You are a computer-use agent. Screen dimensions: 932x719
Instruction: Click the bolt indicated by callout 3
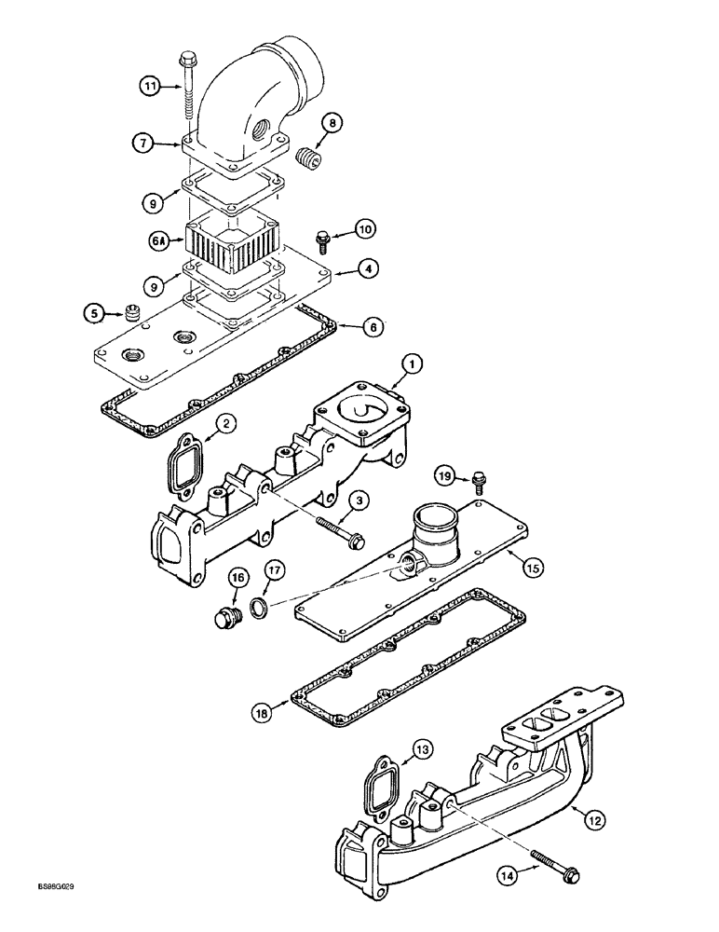tap(343, 530)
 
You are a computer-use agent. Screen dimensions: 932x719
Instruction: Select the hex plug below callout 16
tap(224, 617)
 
